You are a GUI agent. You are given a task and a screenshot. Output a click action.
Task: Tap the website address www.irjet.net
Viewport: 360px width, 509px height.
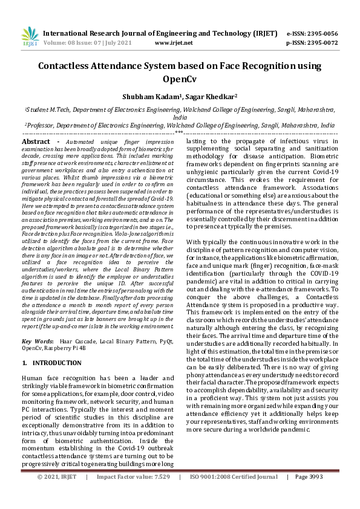pos(174,43)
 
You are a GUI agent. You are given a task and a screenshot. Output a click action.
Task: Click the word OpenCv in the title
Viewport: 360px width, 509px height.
pos(180,79)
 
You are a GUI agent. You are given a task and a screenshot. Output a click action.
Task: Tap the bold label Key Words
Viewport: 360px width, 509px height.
pos(38,342)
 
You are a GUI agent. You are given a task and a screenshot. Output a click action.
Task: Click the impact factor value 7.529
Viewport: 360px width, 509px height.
pos(159,494)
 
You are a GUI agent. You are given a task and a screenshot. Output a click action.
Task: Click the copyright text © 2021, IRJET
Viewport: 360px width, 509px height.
pos(57,494)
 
